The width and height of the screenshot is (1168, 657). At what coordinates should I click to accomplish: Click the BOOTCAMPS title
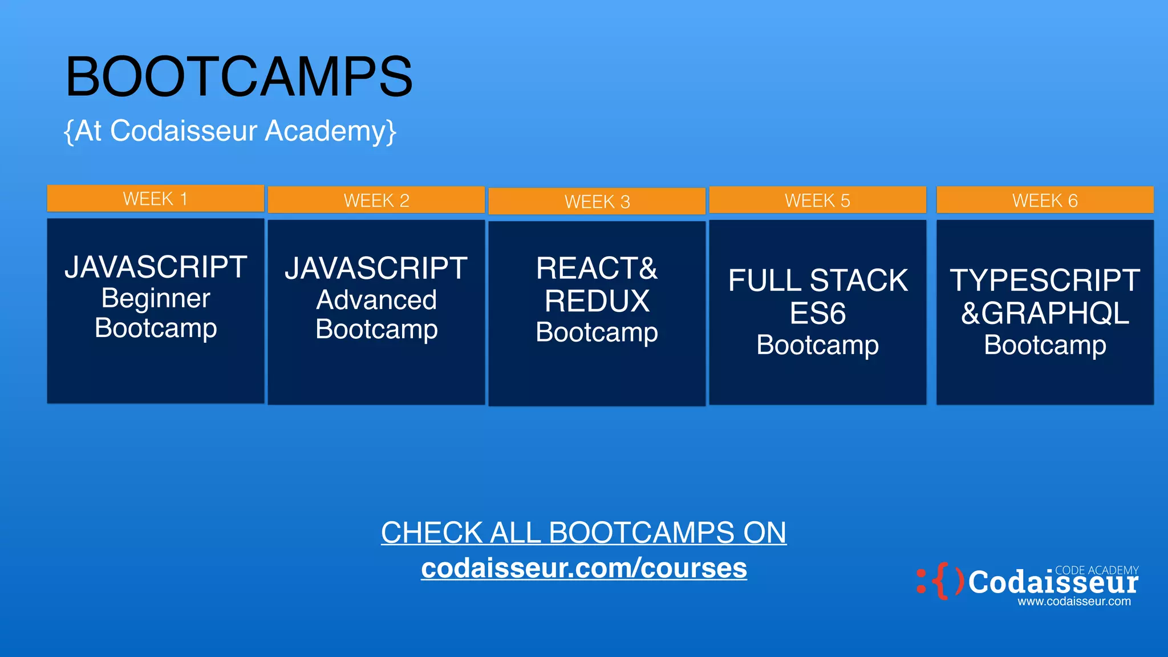239,76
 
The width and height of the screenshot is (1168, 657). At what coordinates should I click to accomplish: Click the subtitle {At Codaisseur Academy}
230,131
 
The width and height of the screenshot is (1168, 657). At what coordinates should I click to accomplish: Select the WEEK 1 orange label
155,198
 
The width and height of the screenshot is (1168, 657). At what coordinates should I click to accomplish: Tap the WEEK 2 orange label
376,200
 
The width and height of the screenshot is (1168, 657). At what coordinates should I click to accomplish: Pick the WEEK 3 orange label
597,201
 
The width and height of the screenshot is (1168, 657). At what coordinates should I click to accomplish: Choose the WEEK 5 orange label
817,200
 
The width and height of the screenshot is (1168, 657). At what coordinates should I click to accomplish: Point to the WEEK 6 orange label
1045,200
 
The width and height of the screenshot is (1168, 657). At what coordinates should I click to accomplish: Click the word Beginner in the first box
156,298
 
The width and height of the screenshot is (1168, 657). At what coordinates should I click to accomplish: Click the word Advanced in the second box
376,300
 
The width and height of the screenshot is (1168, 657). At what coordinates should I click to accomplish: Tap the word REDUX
597,301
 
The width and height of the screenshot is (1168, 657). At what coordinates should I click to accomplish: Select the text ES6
817,314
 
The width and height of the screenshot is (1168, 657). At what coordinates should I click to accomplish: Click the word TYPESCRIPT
1045,281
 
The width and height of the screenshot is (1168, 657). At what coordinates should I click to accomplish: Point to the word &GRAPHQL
1045,313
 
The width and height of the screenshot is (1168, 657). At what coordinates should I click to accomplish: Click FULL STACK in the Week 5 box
817,281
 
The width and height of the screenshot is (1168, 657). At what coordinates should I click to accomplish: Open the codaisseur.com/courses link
584,568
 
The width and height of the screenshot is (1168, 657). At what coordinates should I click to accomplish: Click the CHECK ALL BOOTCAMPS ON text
584,533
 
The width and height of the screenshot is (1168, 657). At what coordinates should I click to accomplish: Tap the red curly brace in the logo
942,581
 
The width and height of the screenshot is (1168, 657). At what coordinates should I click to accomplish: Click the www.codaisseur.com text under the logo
1074,601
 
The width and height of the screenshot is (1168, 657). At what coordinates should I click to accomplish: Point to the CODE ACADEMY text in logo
1096,570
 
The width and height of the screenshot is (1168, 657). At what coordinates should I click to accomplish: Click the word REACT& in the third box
597,268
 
